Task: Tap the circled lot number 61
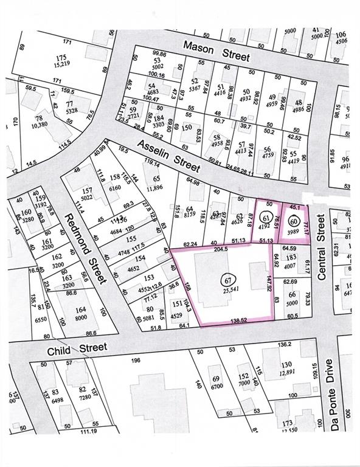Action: point(265,218)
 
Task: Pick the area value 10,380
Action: point(40,125)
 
